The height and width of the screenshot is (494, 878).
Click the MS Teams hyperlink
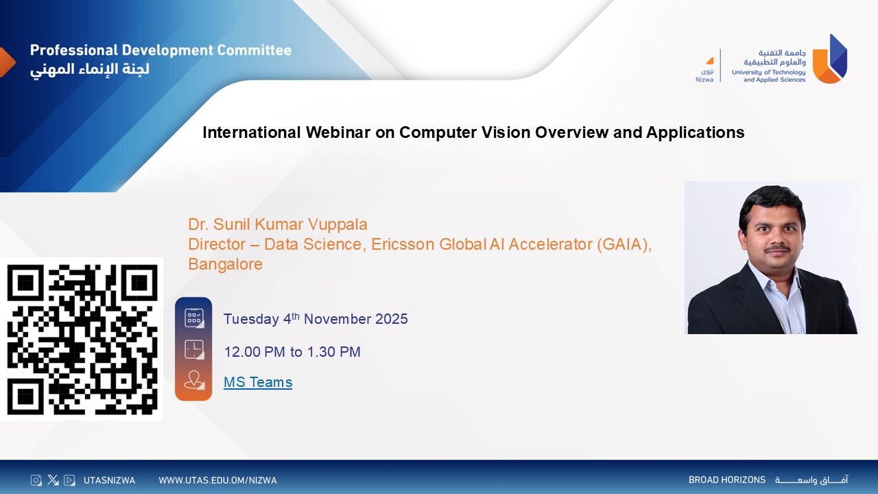point(258,382)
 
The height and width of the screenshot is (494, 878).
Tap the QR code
point(82,340)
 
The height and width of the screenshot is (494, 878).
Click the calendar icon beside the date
point(194,318)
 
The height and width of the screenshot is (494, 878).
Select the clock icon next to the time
point(194,349)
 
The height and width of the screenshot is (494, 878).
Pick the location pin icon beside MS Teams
point(194,380)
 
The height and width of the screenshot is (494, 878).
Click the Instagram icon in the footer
point(36,480)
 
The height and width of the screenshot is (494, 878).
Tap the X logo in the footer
point(53,480)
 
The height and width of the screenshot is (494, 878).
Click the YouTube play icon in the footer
point(69,480)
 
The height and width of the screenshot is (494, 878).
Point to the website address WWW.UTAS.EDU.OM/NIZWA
point(217,480)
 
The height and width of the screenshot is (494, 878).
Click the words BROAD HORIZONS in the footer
point(727,480)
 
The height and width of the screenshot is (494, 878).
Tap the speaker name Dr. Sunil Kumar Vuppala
point(278,224)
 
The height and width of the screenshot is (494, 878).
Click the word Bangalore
point(226,264)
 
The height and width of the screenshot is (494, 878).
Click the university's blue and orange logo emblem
point(830,59)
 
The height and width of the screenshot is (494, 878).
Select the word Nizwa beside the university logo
point(704,80)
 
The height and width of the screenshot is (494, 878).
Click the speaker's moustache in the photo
point(777,248)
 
